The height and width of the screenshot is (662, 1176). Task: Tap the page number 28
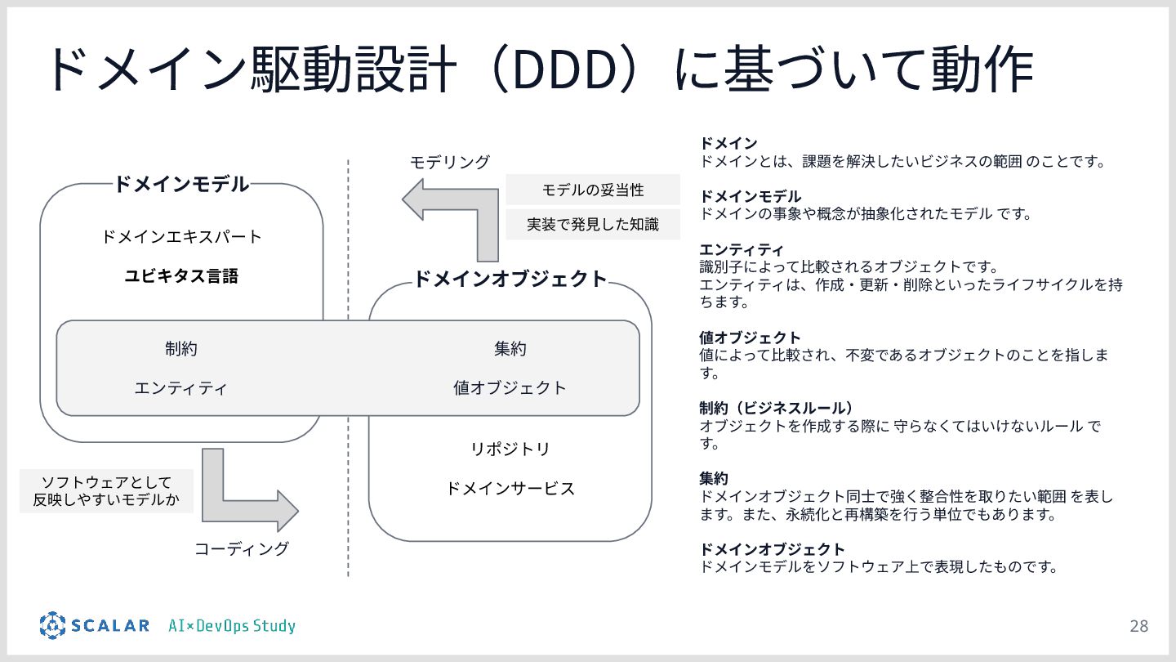1138,626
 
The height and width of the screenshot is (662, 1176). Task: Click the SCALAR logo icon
52,625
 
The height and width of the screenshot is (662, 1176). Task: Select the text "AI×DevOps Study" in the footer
232,626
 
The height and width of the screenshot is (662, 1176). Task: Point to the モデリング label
449,162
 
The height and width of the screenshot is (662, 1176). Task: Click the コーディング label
241,548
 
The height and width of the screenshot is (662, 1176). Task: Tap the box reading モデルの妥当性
593,190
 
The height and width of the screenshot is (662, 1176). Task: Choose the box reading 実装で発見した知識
593,224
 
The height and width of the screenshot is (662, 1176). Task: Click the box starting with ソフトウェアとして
106,490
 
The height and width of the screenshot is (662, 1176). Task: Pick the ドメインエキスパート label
181,237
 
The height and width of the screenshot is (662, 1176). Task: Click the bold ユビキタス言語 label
181,276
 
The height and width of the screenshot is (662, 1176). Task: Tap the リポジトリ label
510,449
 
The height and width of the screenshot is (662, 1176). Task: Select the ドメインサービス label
510,489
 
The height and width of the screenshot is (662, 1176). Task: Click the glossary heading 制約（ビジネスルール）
777,408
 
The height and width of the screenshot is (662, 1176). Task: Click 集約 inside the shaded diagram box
510,349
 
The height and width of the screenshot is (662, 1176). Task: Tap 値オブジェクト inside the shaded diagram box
510,387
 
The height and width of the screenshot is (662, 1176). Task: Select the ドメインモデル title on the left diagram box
181,184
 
